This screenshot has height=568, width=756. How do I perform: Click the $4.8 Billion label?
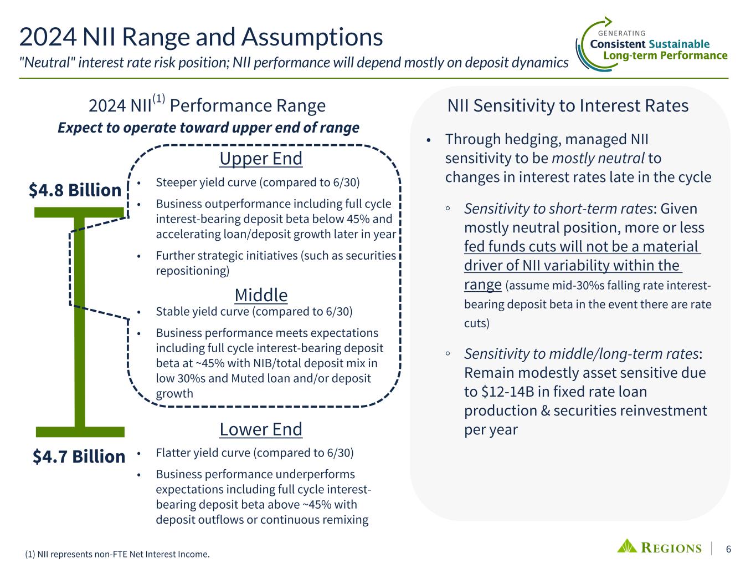click(x=75, y=190)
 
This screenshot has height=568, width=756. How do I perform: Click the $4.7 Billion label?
click(x=79, y=457)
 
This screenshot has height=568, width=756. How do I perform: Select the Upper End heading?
click(x=261, y=159)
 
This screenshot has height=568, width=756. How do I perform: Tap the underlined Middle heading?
click(x=261, y=295)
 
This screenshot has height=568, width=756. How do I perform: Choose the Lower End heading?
click(x=261, y=429)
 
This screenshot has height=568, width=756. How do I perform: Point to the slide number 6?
click(x=728, y=549)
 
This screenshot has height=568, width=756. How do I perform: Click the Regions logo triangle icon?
click(x=627, y=546)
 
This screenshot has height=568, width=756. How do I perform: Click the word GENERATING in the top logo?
click(x=621, y=33)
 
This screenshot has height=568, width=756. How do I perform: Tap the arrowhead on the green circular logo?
click(x=608, y=22)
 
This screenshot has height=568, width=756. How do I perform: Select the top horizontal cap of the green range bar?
click(x=79, y=212)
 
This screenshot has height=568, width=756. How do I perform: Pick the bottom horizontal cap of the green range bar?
click(x=80, y=432)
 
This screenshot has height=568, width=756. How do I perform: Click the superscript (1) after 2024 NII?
click(x=159, y=99)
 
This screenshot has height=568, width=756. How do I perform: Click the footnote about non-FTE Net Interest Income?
click(x=117, y=554)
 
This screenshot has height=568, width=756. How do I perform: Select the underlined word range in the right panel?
click(x=482, y=285)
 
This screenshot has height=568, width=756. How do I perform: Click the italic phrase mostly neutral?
click(x=598, y=158)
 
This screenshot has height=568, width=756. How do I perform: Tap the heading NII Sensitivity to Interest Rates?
click(x=568, y=105)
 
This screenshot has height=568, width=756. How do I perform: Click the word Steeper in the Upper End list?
click(x=176, y=182)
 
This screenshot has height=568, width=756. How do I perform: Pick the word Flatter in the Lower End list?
click(x=173, y=453)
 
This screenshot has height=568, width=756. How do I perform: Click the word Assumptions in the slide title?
click(x=312, y=37)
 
